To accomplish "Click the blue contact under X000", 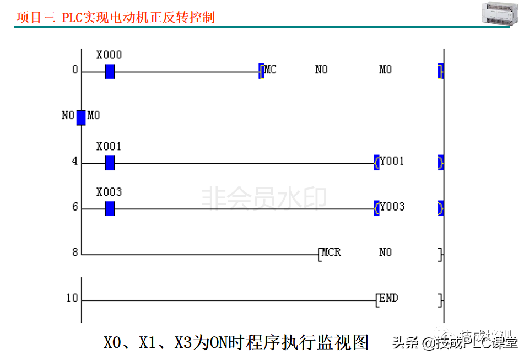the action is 110,71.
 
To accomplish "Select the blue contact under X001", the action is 110,163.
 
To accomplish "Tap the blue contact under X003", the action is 110,208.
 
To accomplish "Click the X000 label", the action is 109,55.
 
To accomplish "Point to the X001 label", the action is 109,147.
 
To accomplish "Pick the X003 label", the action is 109,192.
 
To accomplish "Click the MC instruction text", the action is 270,69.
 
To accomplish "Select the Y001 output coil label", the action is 392,161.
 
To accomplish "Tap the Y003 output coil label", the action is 392,207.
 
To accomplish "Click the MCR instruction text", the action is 331,252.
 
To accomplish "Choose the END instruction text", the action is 388,298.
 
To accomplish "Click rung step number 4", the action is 74,163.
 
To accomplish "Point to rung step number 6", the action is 74,208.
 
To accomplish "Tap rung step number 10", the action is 72,299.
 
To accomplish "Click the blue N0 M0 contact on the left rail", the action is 81,117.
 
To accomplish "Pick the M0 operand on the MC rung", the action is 385,69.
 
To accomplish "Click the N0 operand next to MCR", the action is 385,252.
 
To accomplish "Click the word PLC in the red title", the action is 72,17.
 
